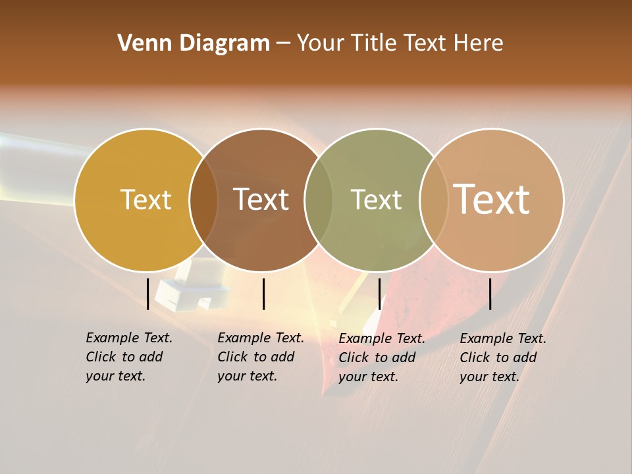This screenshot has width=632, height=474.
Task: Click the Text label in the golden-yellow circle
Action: pyautogui.click(x=145, y=199)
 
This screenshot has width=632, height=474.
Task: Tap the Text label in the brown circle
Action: pyautogui.click(x=261, y=199)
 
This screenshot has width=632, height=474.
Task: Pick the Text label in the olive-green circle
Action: pyautogui.click(x=376, y=199)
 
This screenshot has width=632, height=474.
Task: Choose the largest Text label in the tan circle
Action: pyautogui.click(x=492, y=199)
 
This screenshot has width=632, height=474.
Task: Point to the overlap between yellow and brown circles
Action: pyautogui.click(x=203, y=199)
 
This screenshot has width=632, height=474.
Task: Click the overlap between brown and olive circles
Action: pyautogui.click(x=319, y=199)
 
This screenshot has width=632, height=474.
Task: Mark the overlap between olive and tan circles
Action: pyautogui.click(x=434, y=199)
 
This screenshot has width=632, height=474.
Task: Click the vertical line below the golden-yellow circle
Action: pyautogui.click(x=147, y=294)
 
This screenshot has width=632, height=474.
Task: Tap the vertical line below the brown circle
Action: pyautogui.click(x=263, y=294)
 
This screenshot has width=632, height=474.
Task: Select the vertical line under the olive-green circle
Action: pyautogui.click(x=379, y=294)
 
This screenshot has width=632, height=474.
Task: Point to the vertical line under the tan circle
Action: pyautogui.click(x=490, y=294)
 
